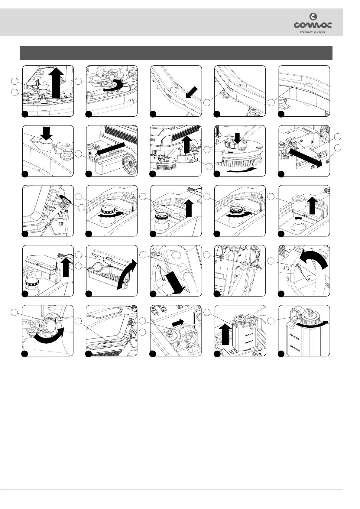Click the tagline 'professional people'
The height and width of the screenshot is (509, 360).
[312, 32]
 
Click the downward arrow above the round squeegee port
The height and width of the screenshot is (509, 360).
[46, 133]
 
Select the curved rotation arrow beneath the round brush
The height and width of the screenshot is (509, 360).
[242, 171]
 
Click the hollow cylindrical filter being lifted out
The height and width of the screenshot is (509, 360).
[299, 202]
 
